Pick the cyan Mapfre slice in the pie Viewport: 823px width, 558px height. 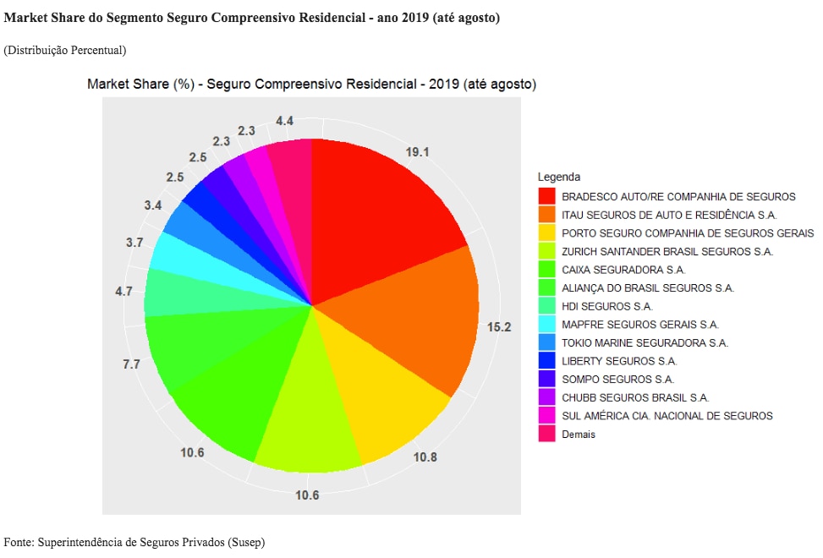(x=182, y=254)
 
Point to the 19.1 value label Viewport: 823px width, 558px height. (x=418, y=152)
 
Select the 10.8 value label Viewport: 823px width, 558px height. (x=425, y=457)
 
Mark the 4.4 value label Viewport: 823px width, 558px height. (x=284, y=121)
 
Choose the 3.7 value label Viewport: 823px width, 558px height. (x=134, y=243)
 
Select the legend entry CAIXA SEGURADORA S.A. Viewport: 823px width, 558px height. (x=623, y=270)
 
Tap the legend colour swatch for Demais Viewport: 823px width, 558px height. (x=547, y=434)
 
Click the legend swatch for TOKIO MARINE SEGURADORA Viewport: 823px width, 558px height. (x=547, y=342)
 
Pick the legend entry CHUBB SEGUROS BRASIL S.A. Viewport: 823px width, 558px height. (x=635, y=397)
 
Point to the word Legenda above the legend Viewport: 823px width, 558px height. (x=558, y=178)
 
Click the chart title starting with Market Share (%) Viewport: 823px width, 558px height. (x=311, y=85)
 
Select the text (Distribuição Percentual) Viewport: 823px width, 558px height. (x=65, y=50)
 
